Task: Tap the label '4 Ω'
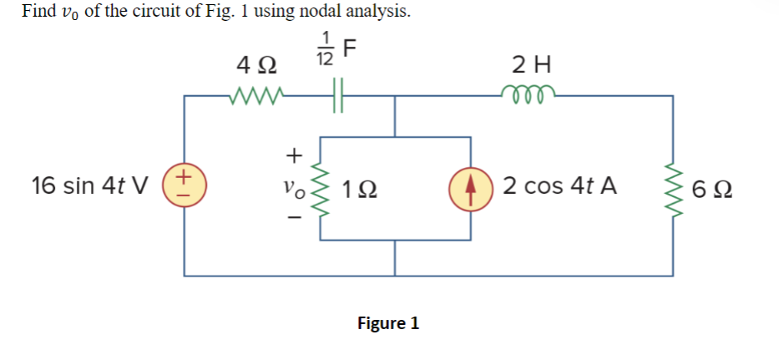[258, 64]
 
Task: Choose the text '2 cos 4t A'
[559, 185]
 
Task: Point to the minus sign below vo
[291, 215]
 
